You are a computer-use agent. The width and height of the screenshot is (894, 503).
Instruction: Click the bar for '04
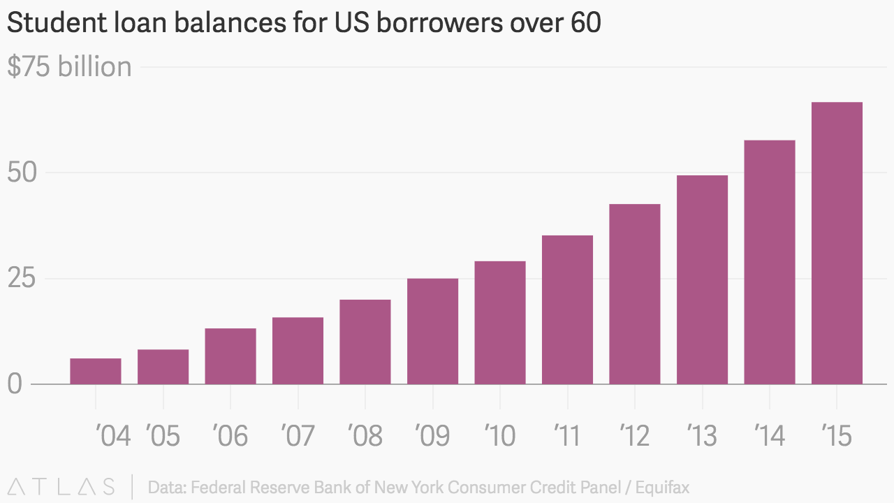click(96, 371)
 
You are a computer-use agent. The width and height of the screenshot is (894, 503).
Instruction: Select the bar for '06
click(230, 356)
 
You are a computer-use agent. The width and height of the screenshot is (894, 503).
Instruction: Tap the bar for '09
click(432, 331)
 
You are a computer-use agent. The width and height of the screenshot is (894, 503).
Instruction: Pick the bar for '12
click(635, 294)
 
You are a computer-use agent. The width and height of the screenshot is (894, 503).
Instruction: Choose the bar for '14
click(770, 262)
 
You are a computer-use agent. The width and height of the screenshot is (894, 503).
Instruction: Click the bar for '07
click(298, 351)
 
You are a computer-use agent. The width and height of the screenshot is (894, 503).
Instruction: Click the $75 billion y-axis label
click(69, 67)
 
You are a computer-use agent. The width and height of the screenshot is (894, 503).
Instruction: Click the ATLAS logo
click(61, 486)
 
